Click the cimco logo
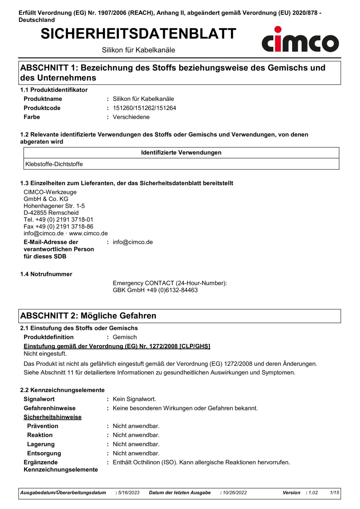300,40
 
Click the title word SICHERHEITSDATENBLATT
138,34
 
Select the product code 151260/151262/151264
144,108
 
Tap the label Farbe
32,117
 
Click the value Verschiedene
131,117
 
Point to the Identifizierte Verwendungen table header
181,153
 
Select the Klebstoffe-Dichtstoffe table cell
54,164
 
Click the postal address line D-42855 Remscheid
51,213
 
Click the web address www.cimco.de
88,233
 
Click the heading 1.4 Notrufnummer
46,274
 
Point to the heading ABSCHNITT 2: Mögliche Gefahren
88,316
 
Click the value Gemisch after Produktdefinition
125,337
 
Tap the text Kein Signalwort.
134,399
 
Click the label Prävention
42,426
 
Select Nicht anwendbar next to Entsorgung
136,453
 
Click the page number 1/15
334,493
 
